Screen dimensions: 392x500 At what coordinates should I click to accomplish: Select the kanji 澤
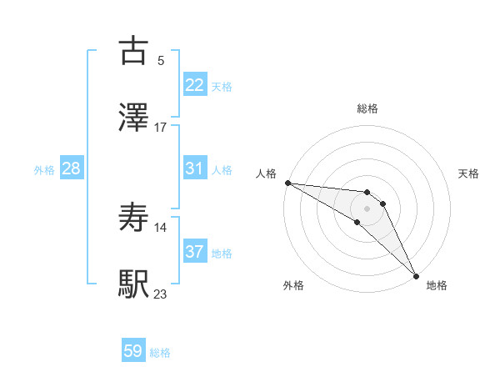point(134,117)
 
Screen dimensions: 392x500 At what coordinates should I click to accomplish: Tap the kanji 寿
point(134,218)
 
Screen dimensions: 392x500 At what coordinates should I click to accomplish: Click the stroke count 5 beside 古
point(160,60)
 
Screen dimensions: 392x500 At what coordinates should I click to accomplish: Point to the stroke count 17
point(161,127)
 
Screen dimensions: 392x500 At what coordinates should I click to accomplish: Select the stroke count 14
point(161,227)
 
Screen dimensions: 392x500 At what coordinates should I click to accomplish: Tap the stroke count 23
point(161,294)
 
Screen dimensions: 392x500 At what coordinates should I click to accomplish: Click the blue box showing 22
point(195,85)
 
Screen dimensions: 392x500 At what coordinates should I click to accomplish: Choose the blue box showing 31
point(195,168)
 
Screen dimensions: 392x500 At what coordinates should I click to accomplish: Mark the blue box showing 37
point(195,252)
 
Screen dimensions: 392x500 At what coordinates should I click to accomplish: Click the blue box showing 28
point(71,168)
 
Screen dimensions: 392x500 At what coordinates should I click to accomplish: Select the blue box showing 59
point(133,351)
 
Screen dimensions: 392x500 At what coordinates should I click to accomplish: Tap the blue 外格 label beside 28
point(44,170)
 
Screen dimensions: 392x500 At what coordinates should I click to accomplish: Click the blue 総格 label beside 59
point(160,353)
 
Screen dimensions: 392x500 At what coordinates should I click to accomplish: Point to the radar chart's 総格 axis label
point(367,108)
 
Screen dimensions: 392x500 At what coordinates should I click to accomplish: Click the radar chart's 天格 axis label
point(468,173)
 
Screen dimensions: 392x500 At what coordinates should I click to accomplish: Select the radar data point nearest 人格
point(287,183)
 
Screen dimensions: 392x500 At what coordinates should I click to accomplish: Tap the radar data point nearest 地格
point(416,274)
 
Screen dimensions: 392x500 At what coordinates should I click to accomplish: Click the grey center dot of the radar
point(367,209)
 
